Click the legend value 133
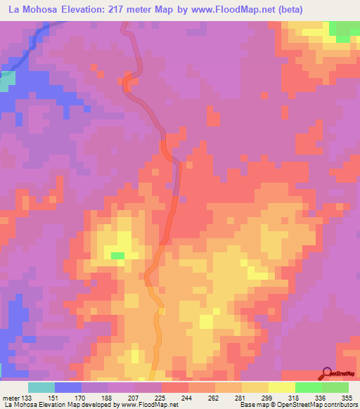pos(27,398)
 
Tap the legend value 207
pos(134,398)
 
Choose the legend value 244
pos(186,398)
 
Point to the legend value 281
pos(240,398)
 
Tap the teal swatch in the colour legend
pos(41,387)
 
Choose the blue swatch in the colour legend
pos(67,387)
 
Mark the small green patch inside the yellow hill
pos(117,255)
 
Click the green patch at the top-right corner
pos(342,31)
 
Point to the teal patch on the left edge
pos(7,82)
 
